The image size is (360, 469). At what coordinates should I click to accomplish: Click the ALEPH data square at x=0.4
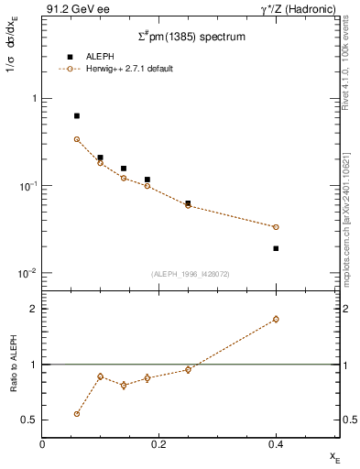[x=276, y=248]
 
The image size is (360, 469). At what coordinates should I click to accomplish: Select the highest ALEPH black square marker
[x=77, y=116]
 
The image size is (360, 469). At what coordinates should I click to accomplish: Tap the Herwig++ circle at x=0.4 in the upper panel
[x=276, y=227]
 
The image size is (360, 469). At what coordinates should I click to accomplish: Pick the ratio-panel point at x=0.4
[x=276, y=319]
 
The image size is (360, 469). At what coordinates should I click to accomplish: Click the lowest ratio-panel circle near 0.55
[x=77, y=414]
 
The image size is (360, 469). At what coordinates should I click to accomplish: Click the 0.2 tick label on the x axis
[x=159, y=444]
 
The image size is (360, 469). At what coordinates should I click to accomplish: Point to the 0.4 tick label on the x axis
[x=276, y=444]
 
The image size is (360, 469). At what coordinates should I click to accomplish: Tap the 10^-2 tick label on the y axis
[x=26, y=273]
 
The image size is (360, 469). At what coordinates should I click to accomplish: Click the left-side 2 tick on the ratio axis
[x=34, y=309]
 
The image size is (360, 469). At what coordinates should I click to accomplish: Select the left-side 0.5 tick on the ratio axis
[x=29, y=420]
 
